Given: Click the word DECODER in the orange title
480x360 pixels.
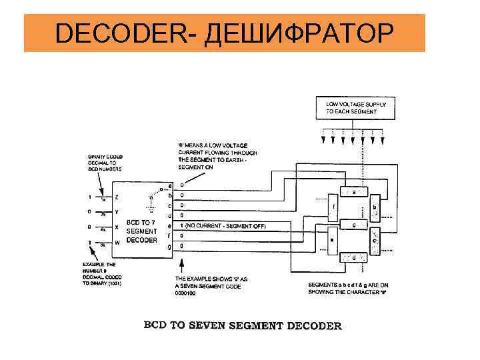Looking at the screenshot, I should pos(123,33).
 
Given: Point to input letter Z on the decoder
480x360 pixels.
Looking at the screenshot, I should pos(117,197).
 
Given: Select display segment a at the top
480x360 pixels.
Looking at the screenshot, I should pos(354,192).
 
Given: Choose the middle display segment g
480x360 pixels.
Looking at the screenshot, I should pos(354,225).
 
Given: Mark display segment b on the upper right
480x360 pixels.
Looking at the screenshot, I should pos(375,209).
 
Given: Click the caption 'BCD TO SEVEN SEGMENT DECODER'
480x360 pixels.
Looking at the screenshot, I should pos(243,326).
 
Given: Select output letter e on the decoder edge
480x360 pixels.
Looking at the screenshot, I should pos(171,227).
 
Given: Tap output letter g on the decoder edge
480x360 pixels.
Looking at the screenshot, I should pos(171,247).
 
